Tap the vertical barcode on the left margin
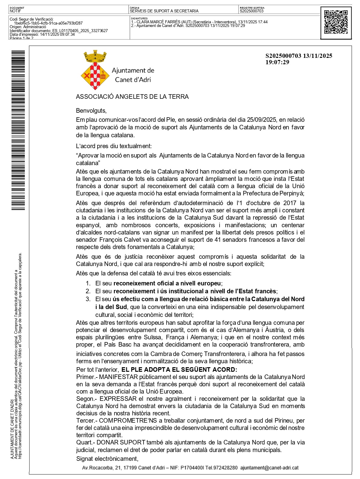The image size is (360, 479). [x=18, y=130]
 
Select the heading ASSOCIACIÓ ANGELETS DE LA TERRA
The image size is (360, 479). [x=132, y=97]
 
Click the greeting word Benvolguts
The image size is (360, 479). [x=91, y=111]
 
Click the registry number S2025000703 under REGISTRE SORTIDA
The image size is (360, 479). [x=252, y=11]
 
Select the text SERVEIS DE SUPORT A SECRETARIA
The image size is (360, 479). [x=164, y=11]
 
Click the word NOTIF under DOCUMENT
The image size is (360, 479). [x=15, y=11]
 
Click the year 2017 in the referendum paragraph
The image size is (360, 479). [x=290, y=203]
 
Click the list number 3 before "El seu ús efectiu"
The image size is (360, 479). [x=88, y=299]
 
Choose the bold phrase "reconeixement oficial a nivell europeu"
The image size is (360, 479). [x=167, y=284]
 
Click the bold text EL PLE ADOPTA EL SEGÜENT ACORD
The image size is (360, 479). [x=179, y=370]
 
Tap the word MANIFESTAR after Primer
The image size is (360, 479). [x=118, y=377]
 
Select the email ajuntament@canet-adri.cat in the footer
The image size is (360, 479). [x=269, y=468]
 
